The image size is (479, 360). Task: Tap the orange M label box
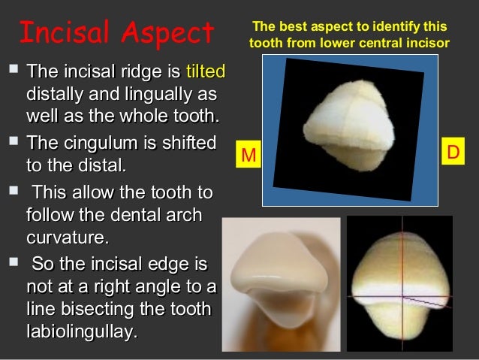[x=249, y=156]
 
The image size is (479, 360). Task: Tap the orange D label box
[x=453, y=152]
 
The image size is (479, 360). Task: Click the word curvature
[x=67, y=237]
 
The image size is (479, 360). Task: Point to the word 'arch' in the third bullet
[x=185, y=215]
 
